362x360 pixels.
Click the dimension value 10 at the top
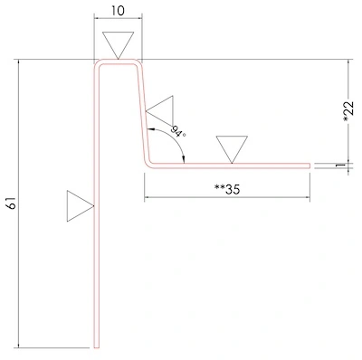118,11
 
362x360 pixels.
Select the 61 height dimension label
11,204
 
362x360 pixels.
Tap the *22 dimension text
348,111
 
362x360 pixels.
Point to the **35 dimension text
227,189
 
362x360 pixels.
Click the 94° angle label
178,131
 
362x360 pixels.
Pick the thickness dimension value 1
340,166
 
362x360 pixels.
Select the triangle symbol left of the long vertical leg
81,206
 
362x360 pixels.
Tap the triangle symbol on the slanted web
159,110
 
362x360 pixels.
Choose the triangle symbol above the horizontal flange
232,149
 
